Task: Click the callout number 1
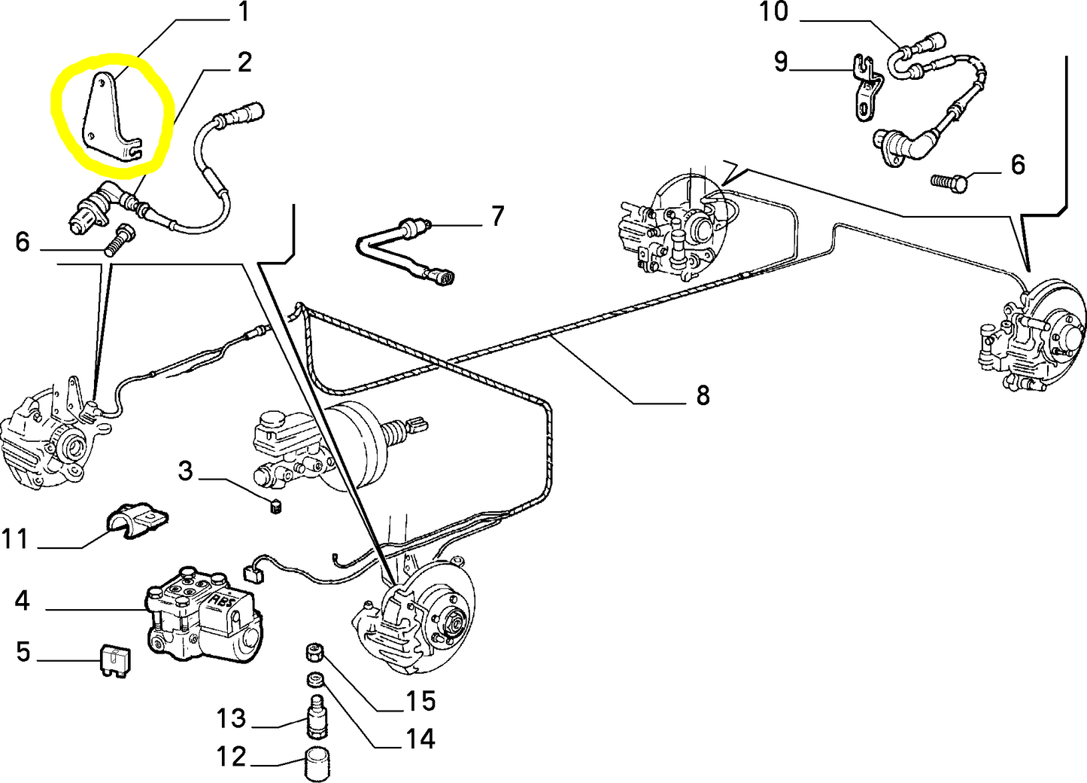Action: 242,12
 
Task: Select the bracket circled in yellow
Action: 108,120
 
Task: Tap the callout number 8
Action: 703,395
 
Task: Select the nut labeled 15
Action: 314,652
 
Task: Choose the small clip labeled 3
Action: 275,505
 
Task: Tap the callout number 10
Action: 773,12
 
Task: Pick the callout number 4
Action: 23,601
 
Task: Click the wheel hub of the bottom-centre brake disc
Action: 454,621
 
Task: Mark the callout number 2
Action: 244,62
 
